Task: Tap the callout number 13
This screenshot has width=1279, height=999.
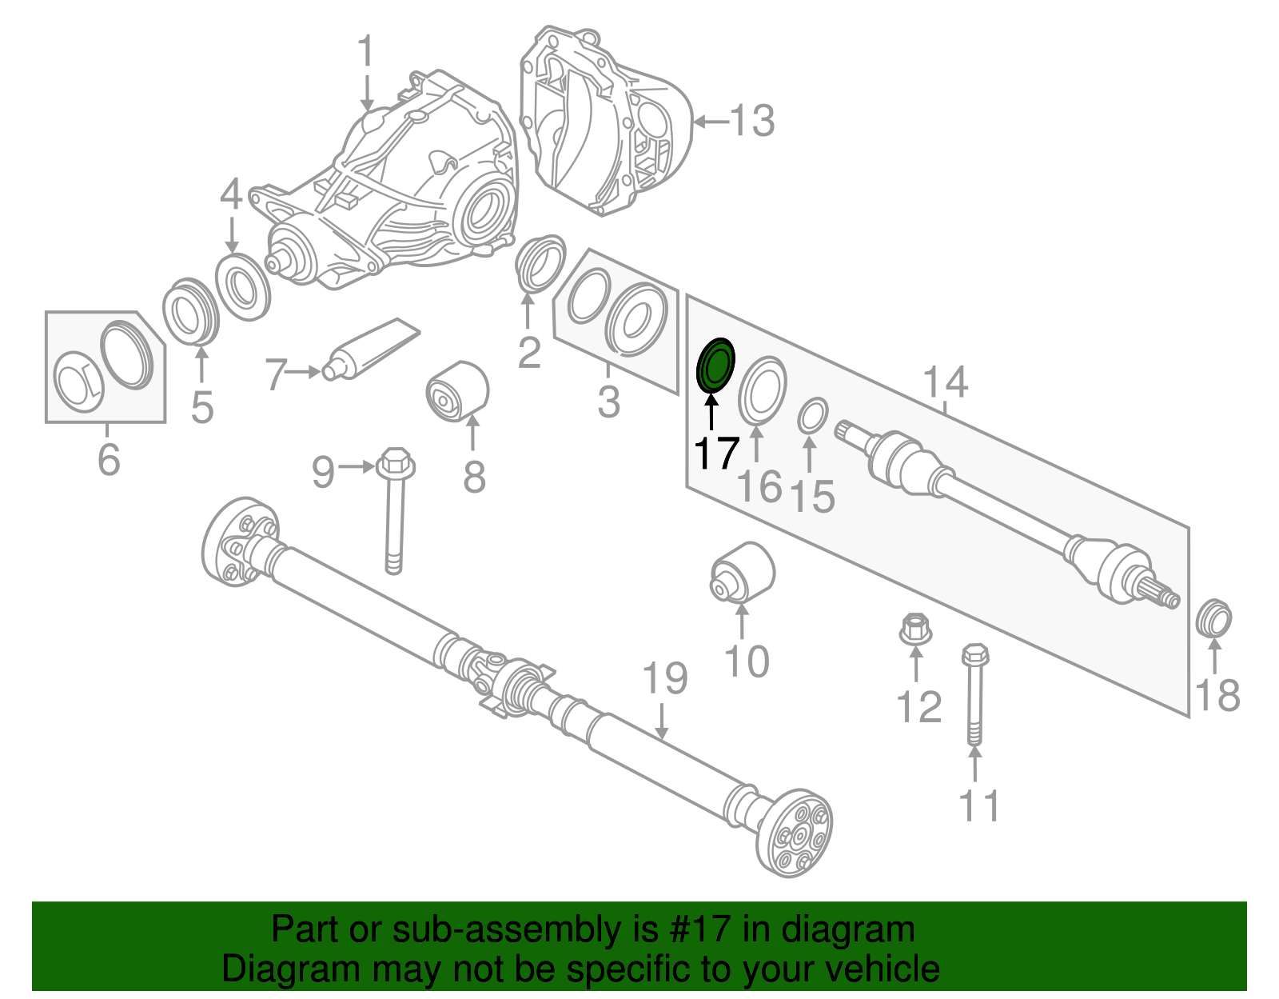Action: point(751,122)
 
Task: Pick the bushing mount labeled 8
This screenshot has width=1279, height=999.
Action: point(456,391)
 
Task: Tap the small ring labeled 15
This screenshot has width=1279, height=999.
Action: point(811,417)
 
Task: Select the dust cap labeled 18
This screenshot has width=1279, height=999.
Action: point(1213,617)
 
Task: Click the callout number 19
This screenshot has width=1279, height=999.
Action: point(665,678)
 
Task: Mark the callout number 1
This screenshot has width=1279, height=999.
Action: point(365,52)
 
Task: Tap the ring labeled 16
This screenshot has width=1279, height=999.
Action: point(762,390)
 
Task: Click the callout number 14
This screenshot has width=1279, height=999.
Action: point(945,382)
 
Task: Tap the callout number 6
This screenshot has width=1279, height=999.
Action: point(109,460)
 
